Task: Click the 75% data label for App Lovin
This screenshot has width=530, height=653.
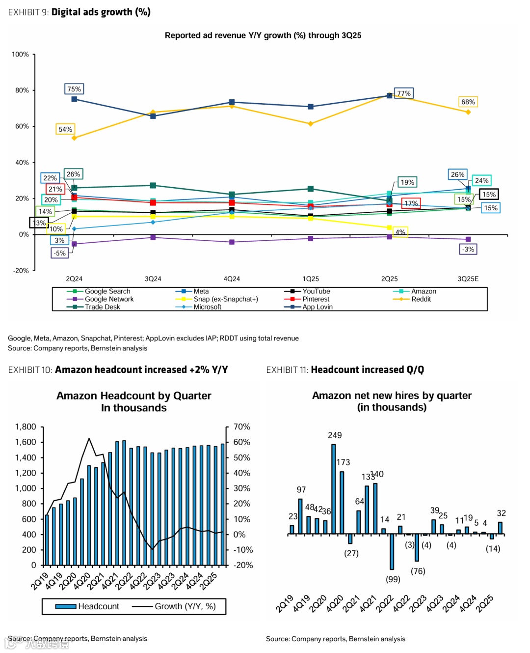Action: (74, 89)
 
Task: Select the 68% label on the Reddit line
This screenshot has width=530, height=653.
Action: (468, 102)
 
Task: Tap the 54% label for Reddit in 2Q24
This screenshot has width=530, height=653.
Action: (65, 129)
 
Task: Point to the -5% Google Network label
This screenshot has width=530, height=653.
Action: (59, 253)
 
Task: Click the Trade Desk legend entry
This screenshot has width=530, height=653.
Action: (102, 307)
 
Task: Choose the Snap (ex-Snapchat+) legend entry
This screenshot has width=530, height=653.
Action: (225, 299)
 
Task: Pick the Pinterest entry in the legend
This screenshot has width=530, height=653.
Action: (316, 299)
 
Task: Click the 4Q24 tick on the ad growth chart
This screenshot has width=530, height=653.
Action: (232, 279)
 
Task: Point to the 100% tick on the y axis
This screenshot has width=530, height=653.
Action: (20, 55)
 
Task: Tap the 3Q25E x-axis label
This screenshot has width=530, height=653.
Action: (468, 279)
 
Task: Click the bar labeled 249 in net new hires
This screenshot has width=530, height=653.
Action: (334, 489)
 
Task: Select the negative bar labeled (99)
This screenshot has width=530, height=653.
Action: (392, 552)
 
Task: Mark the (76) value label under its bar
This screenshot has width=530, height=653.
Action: (418, 571)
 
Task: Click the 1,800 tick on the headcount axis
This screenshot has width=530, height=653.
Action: (26, 426)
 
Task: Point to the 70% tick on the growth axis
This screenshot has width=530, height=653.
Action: (241, 426)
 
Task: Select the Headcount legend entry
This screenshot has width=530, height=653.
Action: (98, 606)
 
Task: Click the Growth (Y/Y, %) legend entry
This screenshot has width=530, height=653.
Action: (185, 606)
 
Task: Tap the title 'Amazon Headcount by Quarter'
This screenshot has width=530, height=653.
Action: (133, 396)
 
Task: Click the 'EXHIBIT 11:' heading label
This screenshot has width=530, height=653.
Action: (287, 369)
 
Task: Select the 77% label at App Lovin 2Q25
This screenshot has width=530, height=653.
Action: (404, 93)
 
